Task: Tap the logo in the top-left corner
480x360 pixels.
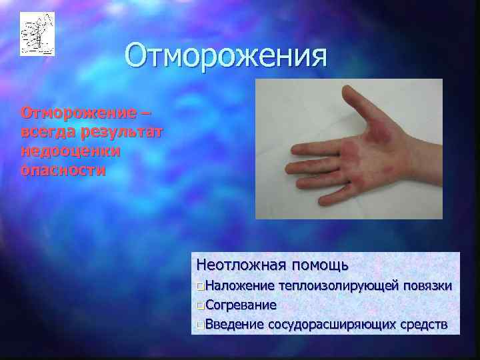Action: [x=37, y=34]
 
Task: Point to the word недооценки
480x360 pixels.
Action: [x=71, y=150]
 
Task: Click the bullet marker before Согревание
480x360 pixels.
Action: [x=201, y=306]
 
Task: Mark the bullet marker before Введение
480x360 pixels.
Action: [x=201, y=325]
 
